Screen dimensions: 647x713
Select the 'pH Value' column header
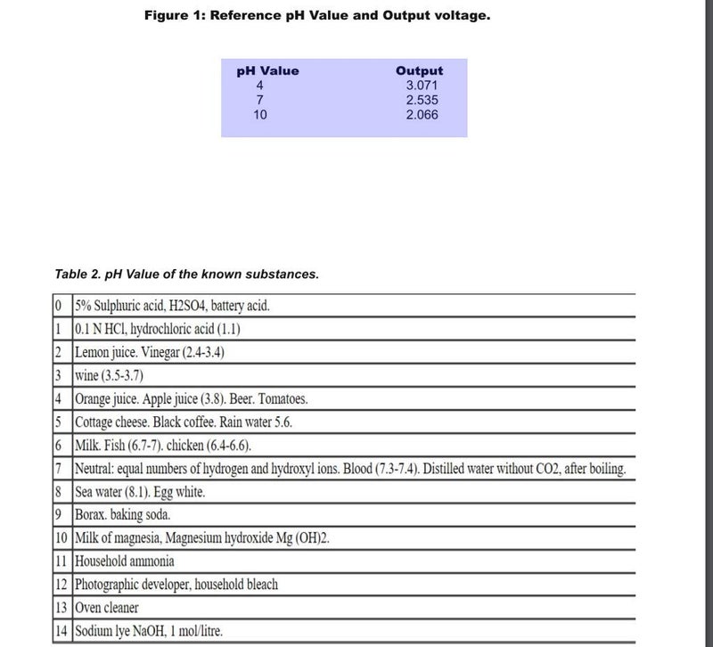(x=267, y=71)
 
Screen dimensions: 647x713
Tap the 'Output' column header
(x=419, y=71)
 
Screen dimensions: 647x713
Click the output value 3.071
(x=422, y=86)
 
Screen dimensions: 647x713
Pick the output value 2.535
(x=422, y=101)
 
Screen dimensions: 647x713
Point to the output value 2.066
(x=422, y=115)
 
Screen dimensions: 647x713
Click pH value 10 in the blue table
(x=260, y=115)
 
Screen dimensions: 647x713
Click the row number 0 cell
(x=58, y=306)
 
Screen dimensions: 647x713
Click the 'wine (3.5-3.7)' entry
(x=110, y=375)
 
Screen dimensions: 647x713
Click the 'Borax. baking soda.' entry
(x=123, y=514)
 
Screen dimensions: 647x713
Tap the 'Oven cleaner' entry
(x=107, y=607)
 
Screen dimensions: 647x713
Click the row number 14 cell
(x=61, y=631)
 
